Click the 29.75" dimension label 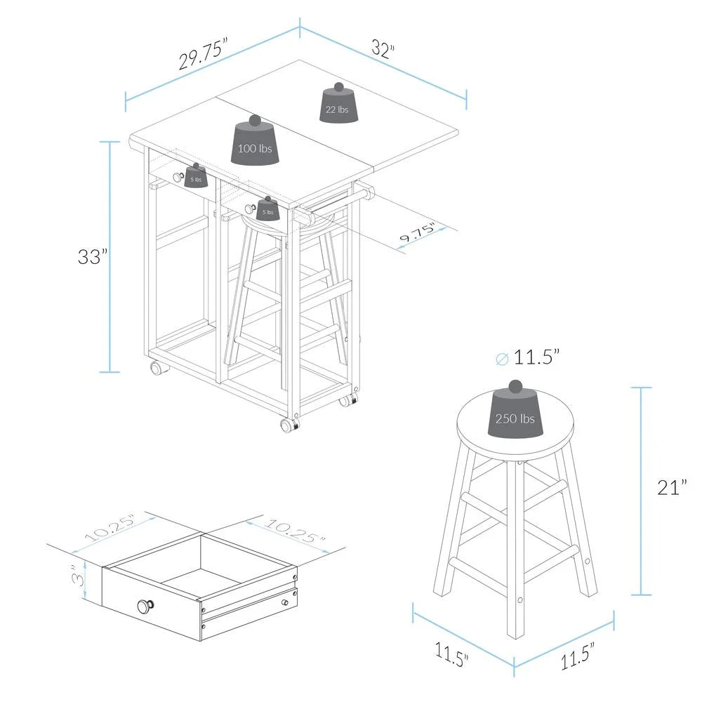[204, 54]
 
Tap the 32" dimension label [383, 48]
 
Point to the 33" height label [93, 256]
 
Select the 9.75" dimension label [417, 232]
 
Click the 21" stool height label [672, 487]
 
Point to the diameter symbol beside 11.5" [503, 359]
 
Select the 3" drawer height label [79, 578]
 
